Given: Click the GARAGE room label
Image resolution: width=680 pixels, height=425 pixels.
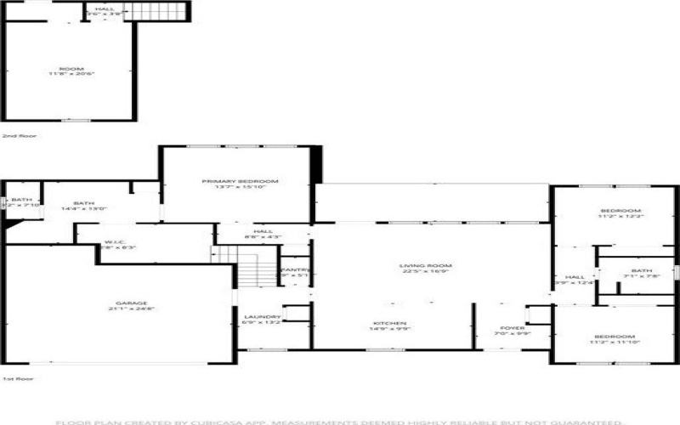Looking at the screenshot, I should tap(132, 303).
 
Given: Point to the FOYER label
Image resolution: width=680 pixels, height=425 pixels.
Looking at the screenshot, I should tap(513, 327).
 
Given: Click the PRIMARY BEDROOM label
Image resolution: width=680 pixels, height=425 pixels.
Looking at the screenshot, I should tap(240, 181).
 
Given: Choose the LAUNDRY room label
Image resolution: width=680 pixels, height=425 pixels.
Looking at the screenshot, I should tap(256, 317).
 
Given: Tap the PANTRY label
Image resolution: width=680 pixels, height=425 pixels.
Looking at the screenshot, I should tap(295, 269).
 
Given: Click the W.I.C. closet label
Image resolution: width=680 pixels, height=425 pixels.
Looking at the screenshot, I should tap(116, 242).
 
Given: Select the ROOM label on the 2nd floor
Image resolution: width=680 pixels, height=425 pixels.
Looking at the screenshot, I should tap(71, 69).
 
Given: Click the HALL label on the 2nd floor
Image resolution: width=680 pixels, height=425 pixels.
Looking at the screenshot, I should tap(106, 9).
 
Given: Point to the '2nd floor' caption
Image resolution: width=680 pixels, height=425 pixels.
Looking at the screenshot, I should tap(14, 136).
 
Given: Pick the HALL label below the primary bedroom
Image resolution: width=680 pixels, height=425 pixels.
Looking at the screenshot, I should tap(263, 231).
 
